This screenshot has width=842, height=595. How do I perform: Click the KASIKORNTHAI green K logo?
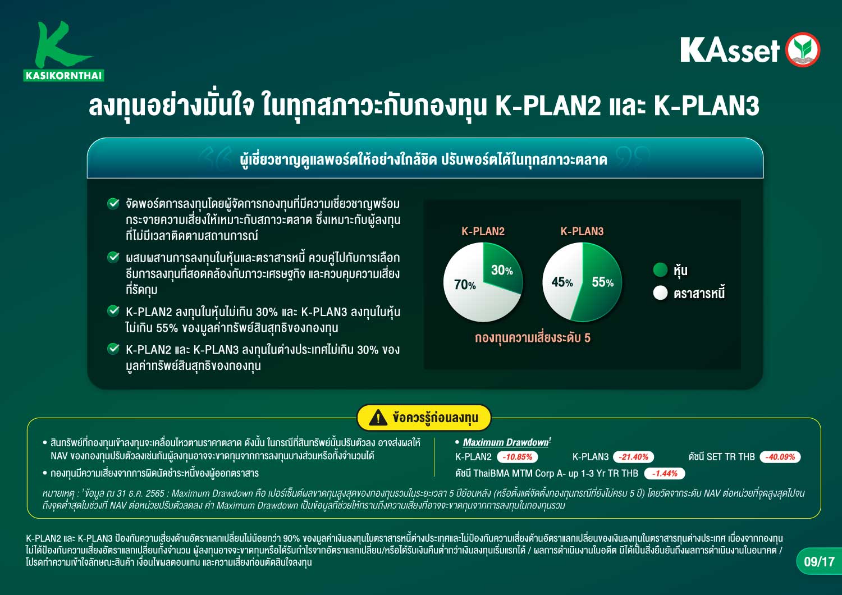pyautogui.click(x=63, y=51)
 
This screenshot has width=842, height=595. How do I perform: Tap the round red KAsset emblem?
pyautogui.click(x=803, y=49)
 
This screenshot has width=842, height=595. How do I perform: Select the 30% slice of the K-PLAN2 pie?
pyautogui.click(x=502, y=268)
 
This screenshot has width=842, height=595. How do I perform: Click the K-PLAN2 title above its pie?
pyautogui.click(x=483, y=231)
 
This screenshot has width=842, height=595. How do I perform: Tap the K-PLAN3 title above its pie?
pyautogui.click(x=582, y=231)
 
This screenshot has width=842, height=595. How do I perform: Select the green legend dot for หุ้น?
pyautogui.click(x=660, y=269)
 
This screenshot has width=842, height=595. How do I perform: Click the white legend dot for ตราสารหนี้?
pyautogui.click(x=660, y=293)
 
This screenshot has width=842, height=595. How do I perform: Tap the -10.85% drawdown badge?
pyautogui.click(x=517, y=457)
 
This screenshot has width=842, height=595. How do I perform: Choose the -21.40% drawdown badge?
pyautogui.click(x=633, y=457)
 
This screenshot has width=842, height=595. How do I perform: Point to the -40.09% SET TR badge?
pyautogui.click(x=780, y=457)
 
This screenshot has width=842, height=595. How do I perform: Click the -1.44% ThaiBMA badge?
pyautogui.click(x=665, y=473)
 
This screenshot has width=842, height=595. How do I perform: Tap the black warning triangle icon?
pyautogui.click(x=378, y=418)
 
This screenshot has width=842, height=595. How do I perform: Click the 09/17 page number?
pyautogui.click(x=819, y=561)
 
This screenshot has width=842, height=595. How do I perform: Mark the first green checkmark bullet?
pyautogui.click(x=113, y=203)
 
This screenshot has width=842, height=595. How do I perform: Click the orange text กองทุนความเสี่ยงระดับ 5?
pyautogui.click(x=532, y=337)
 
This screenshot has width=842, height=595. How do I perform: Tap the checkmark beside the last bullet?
pyautogui.click(x=113, y=349)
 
